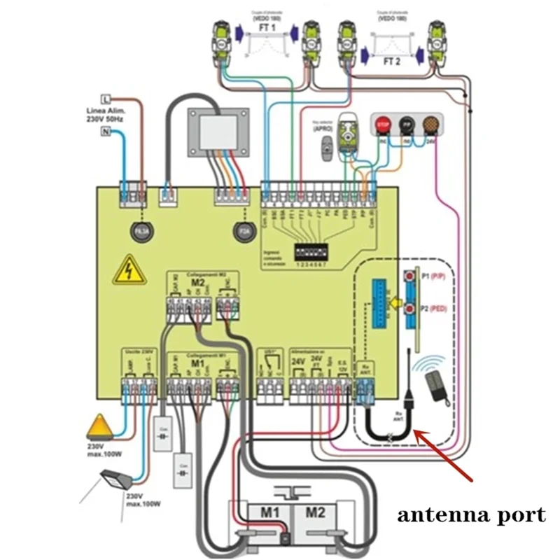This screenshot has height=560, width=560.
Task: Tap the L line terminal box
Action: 106,97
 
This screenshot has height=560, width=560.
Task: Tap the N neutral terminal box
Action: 106,132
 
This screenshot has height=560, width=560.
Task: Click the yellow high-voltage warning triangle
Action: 129,270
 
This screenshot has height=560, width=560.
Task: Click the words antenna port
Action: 471,516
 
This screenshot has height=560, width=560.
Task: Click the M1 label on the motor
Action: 271,512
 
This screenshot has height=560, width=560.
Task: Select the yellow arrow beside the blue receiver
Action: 395,303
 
